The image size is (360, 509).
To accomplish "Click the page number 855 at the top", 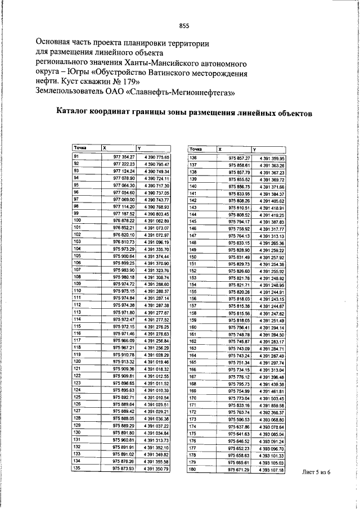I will click(x=184, y=25).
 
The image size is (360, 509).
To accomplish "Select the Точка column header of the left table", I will click(x=80, y=147).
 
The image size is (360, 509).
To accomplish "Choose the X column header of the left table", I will click(x=104, y=147).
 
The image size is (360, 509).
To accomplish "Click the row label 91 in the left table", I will click(x=76, y=155).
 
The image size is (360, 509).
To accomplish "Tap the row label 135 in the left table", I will click(x=78, y=467).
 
